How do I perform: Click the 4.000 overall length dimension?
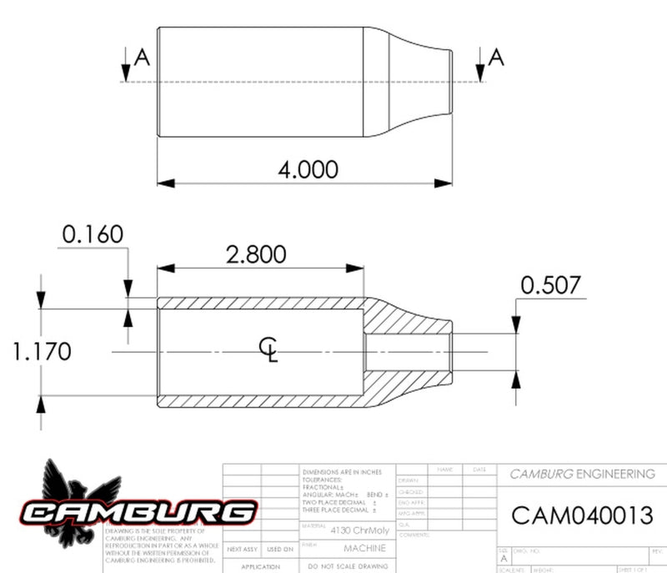[308, 170]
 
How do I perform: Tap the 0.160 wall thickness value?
[93, 234]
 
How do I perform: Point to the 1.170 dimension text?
[42, 351]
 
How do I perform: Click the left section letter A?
[142, 57]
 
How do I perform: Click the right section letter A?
[496, 57]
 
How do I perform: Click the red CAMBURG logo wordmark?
[138, 511]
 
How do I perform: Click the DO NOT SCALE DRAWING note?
[344, 566]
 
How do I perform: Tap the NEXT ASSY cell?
[243, 549]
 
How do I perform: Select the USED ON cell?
[280, 549]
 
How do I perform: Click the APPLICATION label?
[261, 566]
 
